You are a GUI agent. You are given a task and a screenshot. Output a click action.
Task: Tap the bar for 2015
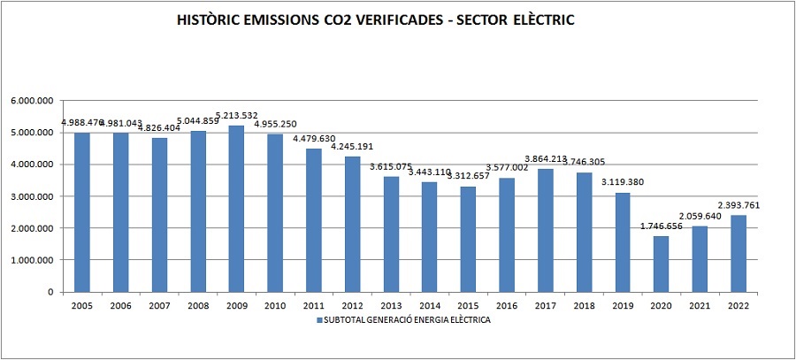click(x=468, y=239)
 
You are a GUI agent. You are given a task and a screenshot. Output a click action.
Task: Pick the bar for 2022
click(x=738, y=253)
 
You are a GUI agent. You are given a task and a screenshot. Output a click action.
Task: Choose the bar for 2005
click(x=82, y=212)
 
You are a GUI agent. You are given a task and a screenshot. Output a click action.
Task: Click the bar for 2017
click(x=545, y=230)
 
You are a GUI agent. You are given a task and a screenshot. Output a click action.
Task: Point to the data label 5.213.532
click(x=237, y=117)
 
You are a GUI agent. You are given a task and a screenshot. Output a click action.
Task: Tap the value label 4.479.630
click(x=314, y=139)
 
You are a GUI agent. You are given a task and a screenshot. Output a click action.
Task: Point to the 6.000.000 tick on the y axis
click(x=32, y=101)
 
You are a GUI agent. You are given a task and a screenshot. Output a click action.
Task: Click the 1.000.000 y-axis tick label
click(x=32, y=260)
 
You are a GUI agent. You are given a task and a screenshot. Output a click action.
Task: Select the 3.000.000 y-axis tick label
click(x=32, y=196)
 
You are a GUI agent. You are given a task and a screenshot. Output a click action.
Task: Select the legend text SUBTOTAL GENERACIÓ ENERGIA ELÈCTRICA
click(x=407, y=321)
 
